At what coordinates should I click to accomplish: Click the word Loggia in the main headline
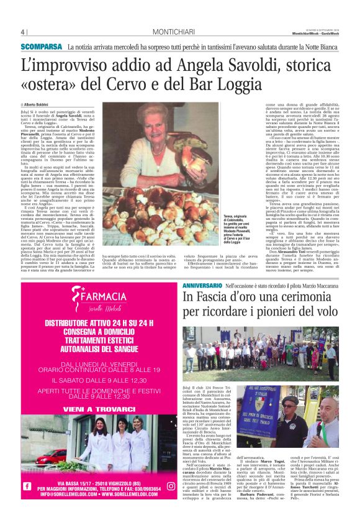point(236,83)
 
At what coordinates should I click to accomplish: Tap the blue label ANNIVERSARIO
point(203,284)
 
